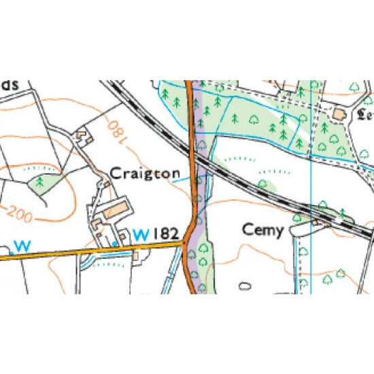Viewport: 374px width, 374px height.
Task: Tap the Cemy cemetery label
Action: [262, 231]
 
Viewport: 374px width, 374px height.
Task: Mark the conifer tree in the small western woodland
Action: [40, 182]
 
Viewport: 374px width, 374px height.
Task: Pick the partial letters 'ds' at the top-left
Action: [8, 85]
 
